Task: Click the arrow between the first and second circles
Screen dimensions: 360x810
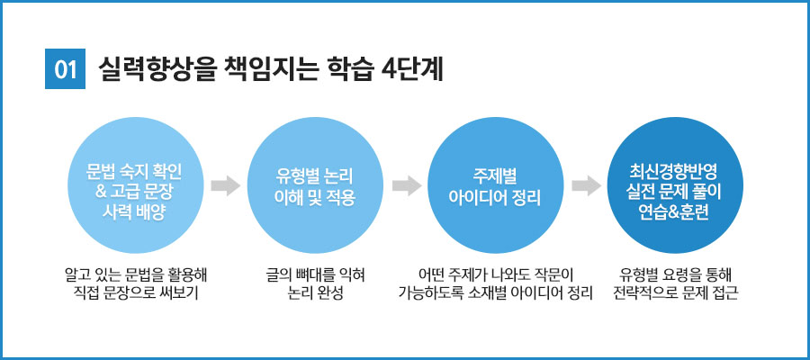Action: coord(225,186)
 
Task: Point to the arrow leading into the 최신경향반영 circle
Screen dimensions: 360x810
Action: coord(586,186)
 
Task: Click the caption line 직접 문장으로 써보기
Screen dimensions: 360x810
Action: coord(131,294)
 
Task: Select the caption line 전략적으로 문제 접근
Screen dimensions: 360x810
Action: coord(675,294)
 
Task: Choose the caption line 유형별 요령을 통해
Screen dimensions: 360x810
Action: coord(675,274)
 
